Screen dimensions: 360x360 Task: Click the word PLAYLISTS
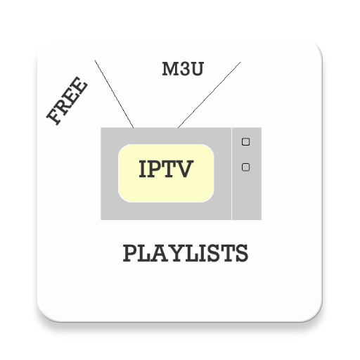[x=186, y=252]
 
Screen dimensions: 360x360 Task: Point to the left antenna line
[x=115, y=94]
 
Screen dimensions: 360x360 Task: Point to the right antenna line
[x=210, y=94]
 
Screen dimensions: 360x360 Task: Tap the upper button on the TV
[x=245, y=141]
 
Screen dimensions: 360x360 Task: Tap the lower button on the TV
[x=245, y=167]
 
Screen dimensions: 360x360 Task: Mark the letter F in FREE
[x=53, y=118]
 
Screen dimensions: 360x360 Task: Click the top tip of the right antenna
[x=240, y=62]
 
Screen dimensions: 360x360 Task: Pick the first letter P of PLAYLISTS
[x=129, y=252]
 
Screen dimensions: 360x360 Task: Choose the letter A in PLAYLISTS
[x=160, y=252]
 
